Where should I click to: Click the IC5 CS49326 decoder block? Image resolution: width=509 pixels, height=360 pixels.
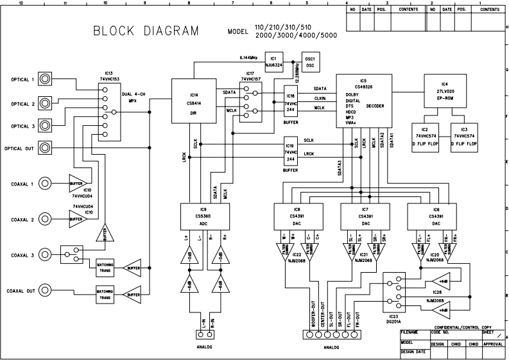[x=365, y=100]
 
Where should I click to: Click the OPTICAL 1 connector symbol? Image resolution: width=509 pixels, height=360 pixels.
[x=46, y=80]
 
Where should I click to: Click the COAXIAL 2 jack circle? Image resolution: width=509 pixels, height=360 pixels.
[x=46, y=218]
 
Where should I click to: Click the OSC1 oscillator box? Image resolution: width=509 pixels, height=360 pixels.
[x=310, y=61]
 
